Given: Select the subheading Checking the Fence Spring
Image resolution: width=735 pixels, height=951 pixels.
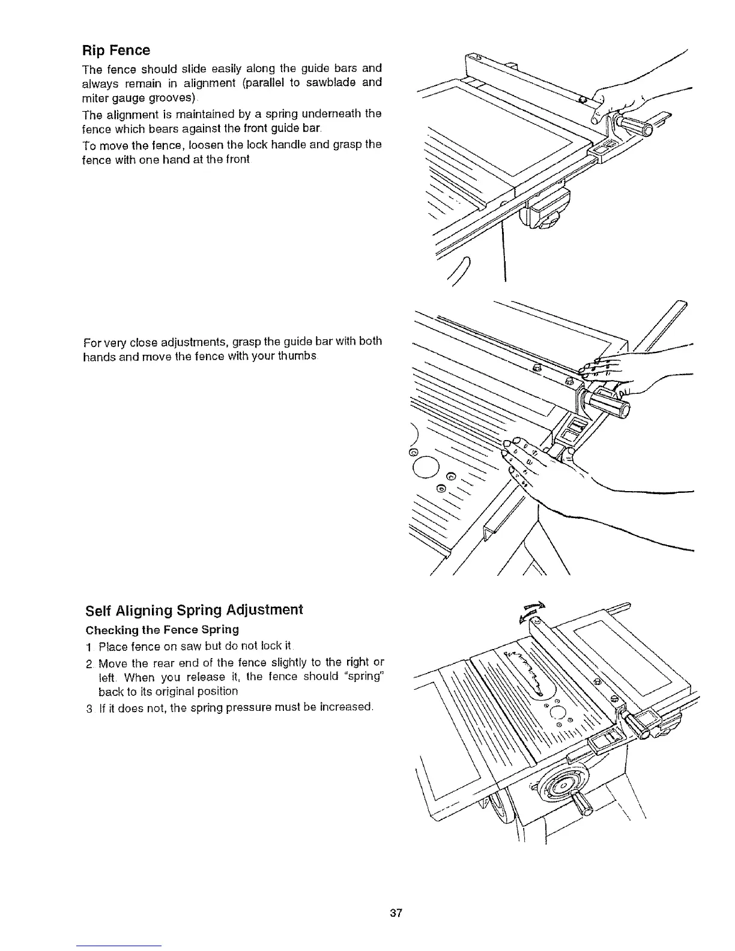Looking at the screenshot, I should tap(163, 630).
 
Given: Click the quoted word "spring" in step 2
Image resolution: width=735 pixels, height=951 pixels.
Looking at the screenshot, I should tap(363, 677).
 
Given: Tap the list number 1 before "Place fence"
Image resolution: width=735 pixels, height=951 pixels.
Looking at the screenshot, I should tap(88, 648).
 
